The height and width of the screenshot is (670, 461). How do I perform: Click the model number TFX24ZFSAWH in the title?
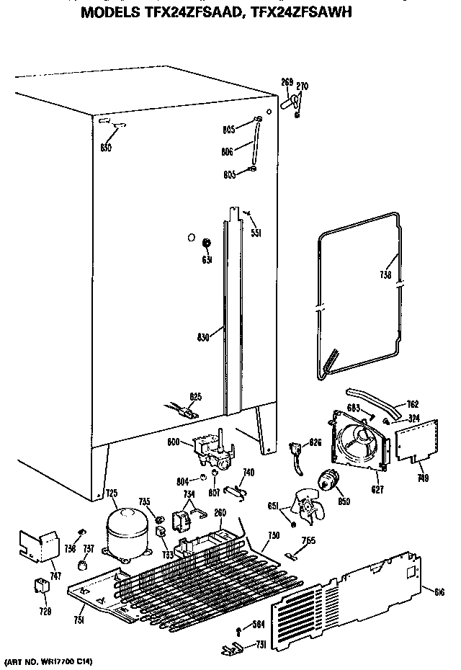pyautogui.click(x=286, y=12)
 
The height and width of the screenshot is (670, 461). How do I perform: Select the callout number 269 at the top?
pyautogui.click(x=286, y=83)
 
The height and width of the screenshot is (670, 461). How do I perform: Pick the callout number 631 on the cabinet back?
pyautogui.click(x=207, y=259)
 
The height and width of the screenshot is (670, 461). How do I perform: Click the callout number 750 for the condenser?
pyautogui.click(x=273, y=537)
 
